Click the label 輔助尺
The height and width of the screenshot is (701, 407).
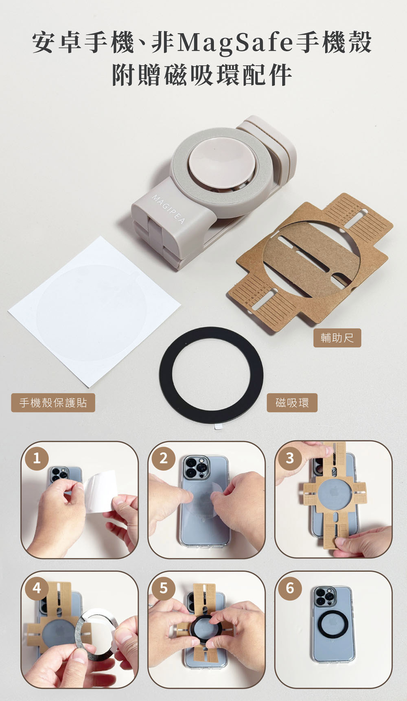(337, 338)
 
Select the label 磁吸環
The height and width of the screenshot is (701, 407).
(292, 403)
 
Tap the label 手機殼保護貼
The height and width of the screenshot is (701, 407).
(53, 403)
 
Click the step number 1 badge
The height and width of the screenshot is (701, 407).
(37, 459)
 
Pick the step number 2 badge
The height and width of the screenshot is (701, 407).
(163, 459)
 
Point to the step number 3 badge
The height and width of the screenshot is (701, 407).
(290, 459)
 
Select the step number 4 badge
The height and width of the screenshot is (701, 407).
(37, 588)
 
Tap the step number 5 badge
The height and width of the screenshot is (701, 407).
(163, 588)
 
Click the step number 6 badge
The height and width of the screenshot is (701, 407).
(290, 588)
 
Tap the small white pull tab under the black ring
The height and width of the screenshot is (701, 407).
(219, 426)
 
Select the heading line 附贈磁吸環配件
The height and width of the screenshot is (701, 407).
(202, 75)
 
